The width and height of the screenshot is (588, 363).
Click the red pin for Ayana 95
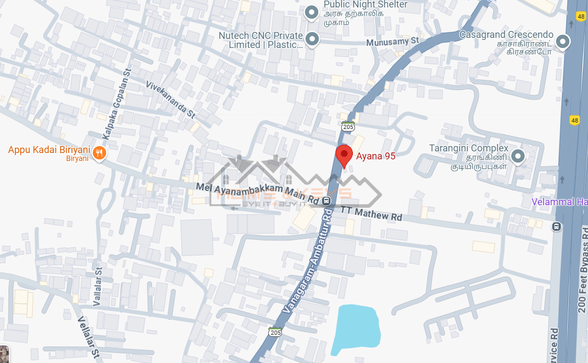click(x=344, y=155)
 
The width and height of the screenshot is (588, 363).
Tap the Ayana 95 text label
click(x=376, y=156)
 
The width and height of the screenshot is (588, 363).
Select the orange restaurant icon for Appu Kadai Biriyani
click(x=99, y=154)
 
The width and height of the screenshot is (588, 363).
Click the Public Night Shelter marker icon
click(x=311, y=12)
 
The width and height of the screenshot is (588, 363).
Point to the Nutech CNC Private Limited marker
click(x=312, y=39)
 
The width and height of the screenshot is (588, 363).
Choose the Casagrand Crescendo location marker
click(x=562, y=41)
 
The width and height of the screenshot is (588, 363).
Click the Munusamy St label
click(x=393, y=41)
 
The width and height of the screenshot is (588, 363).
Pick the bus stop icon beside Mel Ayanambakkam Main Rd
click(x=326, y=200)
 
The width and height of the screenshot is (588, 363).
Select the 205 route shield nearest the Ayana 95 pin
click(x=348, y=127)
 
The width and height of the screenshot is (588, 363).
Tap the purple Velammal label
click(x=560, y=202)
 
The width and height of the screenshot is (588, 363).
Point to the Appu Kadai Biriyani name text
click(x=49, y=150)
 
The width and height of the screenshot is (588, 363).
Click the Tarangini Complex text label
click(x=469, y=148)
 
